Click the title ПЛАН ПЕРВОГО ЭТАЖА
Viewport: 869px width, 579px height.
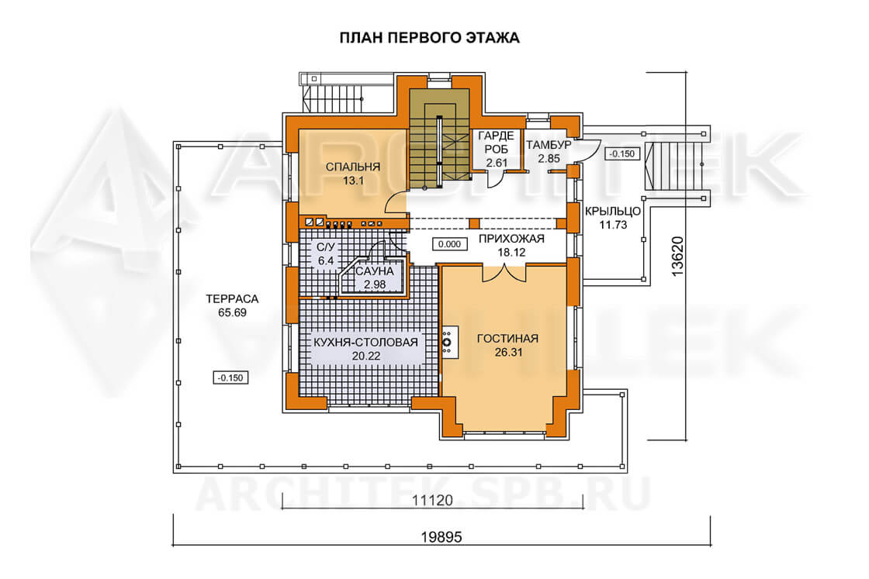[430, 38]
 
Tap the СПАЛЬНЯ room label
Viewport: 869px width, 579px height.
[353, 167]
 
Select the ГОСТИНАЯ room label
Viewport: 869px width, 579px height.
[507, 338]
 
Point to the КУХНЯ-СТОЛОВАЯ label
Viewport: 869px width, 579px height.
[365, 342]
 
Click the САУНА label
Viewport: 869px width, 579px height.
[375, 271]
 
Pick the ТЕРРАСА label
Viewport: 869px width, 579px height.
[232, 299]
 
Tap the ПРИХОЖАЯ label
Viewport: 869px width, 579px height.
[511, 239]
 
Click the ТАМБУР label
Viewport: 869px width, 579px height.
[549, 145]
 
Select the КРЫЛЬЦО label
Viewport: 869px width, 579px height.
[613, 211]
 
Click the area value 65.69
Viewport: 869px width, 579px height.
[232, 312]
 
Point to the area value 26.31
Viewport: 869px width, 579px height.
[508, 352]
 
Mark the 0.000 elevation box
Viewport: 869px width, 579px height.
[449, 244]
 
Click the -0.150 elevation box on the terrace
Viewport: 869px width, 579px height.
[230, 377]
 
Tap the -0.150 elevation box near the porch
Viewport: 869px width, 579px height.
[621, 154]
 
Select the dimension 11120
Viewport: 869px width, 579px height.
[432, 501]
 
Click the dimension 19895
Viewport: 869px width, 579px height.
[441, 537]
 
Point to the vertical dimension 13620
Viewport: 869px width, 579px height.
[677, 257]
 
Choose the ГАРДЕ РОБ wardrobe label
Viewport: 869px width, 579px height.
[496, 143]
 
